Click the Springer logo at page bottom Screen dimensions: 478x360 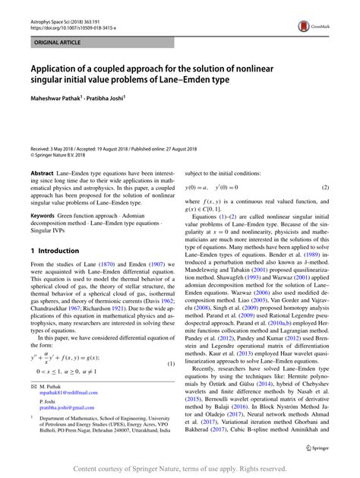click(x=319, y=448)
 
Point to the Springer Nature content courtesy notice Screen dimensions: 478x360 click(x=180, y=470)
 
